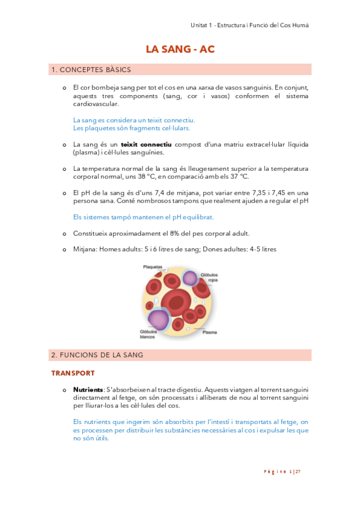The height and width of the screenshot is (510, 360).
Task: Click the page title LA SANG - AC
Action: (x=180, y=50)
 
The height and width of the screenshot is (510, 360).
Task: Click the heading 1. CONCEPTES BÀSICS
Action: (x=91, y=70)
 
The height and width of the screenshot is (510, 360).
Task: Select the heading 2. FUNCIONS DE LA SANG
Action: (x=97, y=355)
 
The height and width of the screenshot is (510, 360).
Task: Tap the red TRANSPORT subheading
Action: (x=73, y=373)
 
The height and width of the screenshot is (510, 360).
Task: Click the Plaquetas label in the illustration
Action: (x=153, y=266)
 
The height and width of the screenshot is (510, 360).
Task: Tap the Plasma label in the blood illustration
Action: (x=210, y=332)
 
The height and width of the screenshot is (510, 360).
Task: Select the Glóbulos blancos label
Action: (x=148, y=333)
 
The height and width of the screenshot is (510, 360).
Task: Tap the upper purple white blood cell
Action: (x=191, y=278)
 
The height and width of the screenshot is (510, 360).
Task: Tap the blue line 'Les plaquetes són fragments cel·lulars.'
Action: (x=131, y=128)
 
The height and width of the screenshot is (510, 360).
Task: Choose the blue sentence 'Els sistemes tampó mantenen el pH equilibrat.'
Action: (x=143, y=217)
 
